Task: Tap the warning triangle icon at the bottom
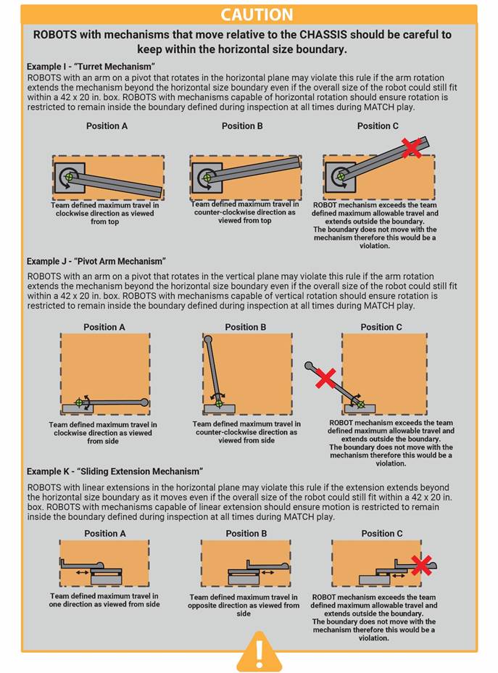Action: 249,651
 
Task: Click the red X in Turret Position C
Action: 412,148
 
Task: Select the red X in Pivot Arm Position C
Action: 325,377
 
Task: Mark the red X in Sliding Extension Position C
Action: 421,565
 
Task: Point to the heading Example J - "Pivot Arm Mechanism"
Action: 96,261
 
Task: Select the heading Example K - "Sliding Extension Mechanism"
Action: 115,471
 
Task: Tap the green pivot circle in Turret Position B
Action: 207,177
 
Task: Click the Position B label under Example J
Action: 246,327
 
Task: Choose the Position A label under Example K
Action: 105,533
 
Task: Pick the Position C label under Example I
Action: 378,125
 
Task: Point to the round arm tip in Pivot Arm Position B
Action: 208,339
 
